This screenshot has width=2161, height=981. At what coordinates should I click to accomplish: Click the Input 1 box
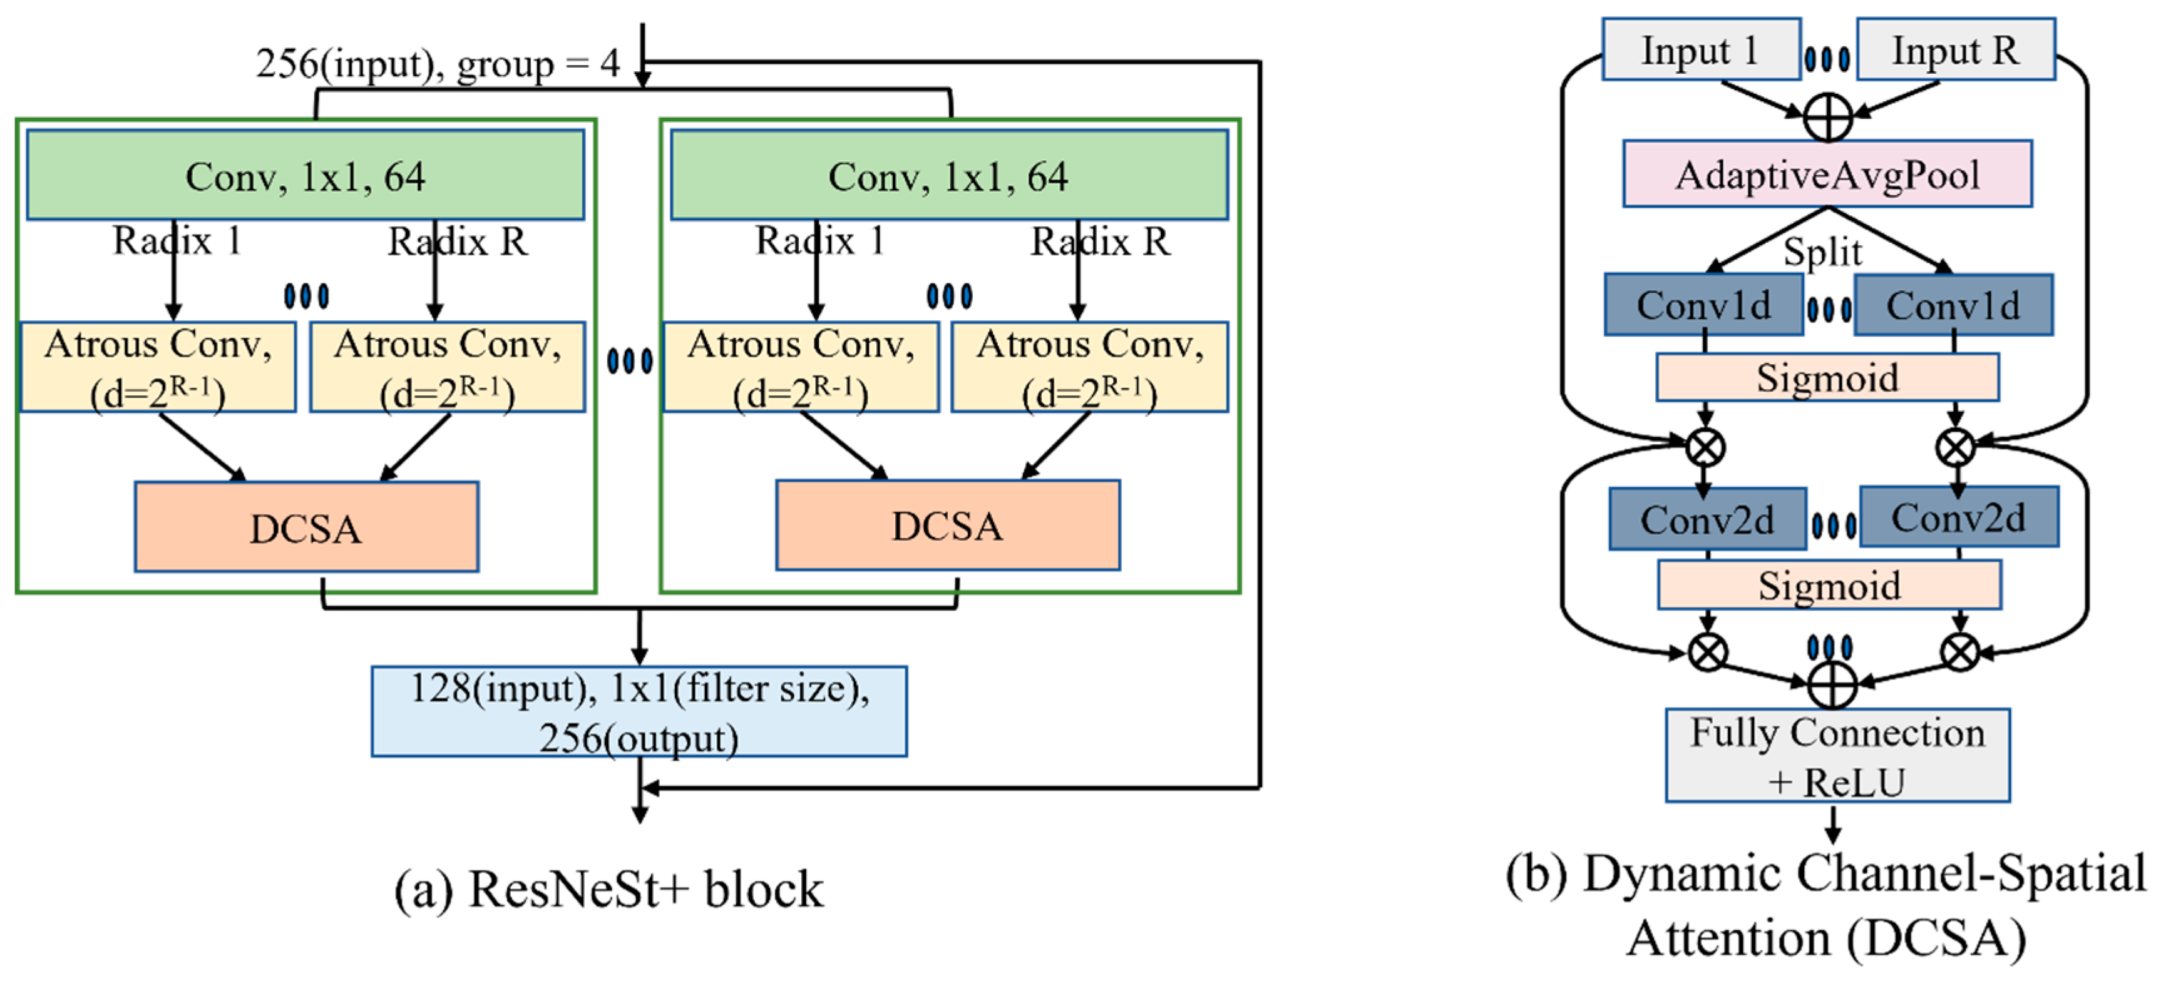point(1700,50)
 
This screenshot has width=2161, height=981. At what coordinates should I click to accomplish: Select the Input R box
point(1956,50)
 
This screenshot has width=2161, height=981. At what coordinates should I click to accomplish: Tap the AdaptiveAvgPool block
point(1827,175)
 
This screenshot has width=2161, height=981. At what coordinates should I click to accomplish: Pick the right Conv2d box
point(1958,517)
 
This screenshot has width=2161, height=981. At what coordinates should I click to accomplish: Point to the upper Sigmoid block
point(1827,377)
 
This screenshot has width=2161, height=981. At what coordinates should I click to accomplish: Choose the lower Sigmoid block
point(1829,585)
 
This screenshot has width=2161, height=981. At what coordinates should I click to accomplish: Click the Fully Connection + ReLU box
point(1837,755)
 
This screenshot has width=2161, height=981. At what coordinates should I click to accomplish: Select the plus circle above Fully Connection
point(1832,685)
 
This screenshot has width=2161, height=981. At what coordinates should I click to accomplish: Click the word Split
point(1822,252)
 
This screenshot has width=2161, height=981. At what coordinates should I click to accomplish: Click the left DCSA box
point(306,527)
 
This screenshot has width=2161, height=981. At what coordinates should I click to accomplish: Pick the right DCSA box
point(947,526)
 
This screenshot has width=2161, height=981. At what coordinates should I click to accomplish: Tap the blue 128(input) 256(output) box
point(639,712)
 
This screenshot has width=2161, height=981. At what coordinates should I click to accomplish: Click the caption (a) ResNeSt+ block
point(609,889)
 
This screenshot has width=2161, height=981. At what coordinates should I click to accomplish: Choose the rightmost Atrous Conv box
point(1090,367)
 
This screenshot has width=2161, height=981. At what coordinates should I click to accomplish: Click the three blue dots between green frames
point(629,362)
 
